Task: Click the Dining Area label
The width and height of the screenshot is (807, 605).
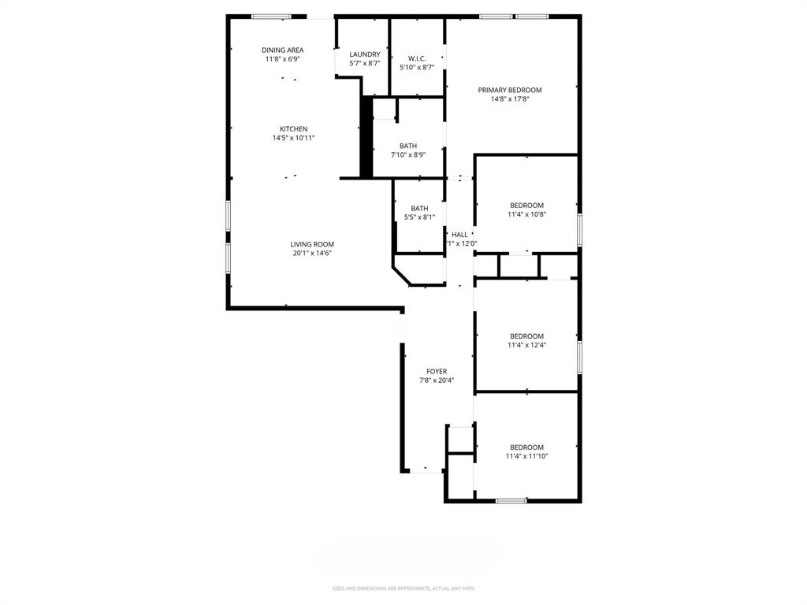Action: [x=283, y=50]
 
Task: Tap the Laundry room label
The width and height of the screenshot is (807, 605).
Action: [x=365, y=54]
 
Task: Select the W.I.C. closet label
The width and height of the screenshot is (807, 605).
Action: [x=417, y=58]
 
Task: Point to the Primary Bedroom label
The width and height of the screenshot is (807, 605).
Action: [x=510, y=90]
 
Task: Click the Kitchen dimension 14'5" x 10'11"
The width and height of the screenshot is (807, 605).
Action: [x=293, y=138]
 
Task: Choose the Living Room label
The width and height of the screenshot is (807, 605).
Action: [x=312, y=244]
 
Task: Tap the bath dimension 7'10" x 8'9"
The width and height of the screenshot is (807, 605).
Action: [x=408, y=154]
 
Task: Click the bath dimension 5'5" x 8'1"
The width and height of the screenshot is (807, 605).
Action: [x=419, y=217]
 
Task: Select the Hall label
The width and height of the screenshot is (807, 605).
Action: [x=459, y=234]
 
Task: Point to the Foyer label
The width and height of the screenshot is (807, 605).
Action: [x=437, y=371]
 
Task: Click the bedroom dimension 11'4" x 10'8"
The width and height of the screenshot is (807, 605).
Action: [x=526, y=214]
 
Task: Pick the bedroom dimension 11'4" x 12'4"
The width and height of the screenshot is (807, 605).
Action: [x=526, y=345]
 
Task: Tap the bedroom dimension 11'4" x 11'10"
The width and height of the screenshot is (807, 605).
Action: [x=526, y=456]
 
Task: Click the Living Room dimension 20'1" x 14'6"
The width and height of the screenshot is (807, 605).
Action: [x=312, y=253]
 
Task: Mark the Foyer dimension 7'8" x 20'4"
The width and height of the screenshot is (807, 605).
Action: [x=437, y=380]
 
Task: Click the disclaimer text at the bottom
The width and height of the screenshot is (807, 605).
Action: [x=403, y=588]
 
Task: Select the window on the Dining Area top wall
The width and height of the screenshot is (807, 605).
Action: [x=271, y=17]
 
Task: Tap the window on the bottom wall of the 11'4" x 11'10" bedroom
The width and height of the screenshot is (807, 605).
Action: [x=511, y=500]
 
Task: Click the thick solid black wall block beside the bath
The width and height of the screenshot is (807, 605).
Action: [x=366, y=137]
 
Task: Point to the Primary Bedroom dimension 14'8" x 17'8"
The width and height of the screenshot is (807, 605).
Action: [x=510, y=99]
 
